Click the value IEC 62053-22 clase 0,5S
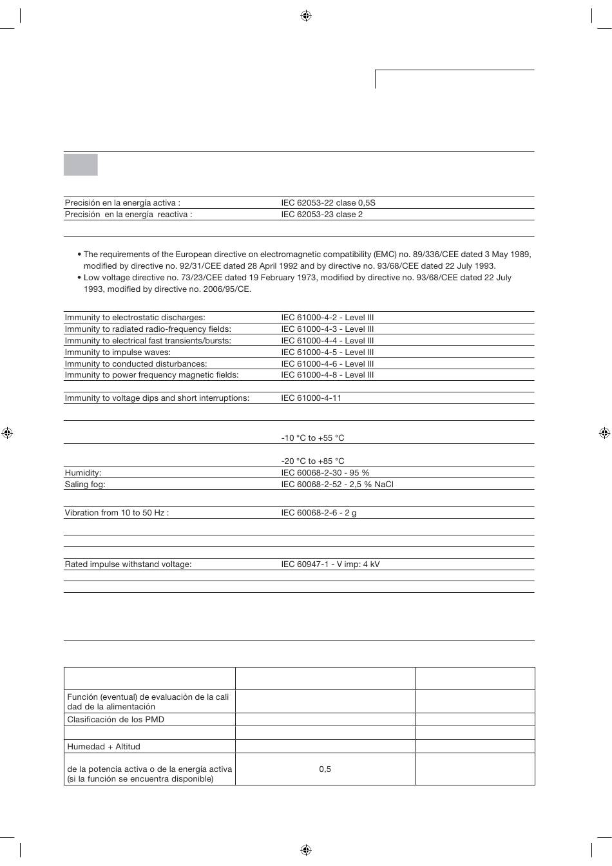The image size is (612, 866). tap(328, 203)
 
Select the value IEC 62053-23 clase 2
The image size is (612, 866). tap(321, 215)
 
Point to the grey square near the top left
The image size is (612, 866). tap(81, 164)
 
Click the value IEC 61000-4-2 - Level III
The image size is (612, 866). tap(327, 318)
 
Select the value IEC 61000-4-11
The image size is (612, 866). tap(311, 398)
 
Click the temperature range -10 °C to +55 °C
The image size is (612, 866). tap(312, 438)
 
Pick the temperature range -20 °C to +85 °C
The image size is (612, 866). tap(312, 461)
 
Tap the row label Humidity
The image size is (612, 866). tap(83, 473)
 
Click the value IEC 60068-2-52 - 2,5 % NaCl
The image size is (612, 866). tap(337, 485)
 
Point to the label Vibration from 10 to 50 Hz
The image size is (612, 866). tap(117, 514)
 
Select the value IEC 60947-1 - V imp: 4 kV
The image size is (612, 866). tap(330, 564)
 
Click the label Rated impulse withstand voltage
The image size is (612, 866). tap(128, 564)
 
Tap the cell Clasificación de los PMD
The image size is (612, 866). tap(116, 720)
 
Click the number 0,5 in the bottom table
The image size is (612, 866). tap(325, 769)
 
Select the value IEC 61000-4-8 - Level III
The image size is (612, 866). tap(327, 375)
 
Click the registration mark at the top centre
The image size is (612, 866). tap(306, 15)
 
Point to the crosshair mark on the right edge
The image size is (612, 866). tap(604, 433)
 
